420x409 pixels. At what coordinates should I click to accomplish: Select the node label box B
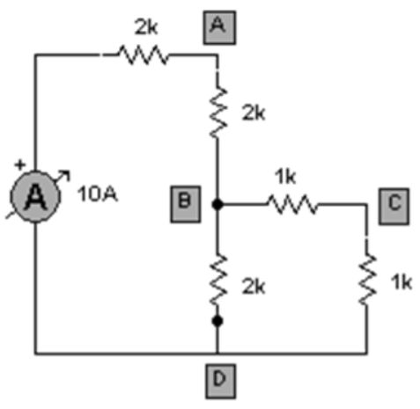185,201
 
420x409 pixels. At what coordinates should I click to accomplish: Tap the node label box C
394,201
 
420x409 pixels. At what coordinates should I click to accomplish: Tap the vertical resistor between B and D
217,281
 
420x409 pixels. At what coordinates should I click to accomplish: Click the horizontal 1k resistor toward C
291,204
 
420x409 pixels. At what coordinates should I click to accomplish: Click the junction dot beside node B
217,204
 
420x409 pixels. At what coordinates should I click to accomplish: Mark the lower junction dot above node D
217,322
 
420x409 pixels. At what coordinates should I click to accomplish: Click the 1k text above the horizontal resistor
284,176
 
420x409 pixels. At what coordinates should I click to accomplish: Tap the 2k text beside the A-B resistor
252,113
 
